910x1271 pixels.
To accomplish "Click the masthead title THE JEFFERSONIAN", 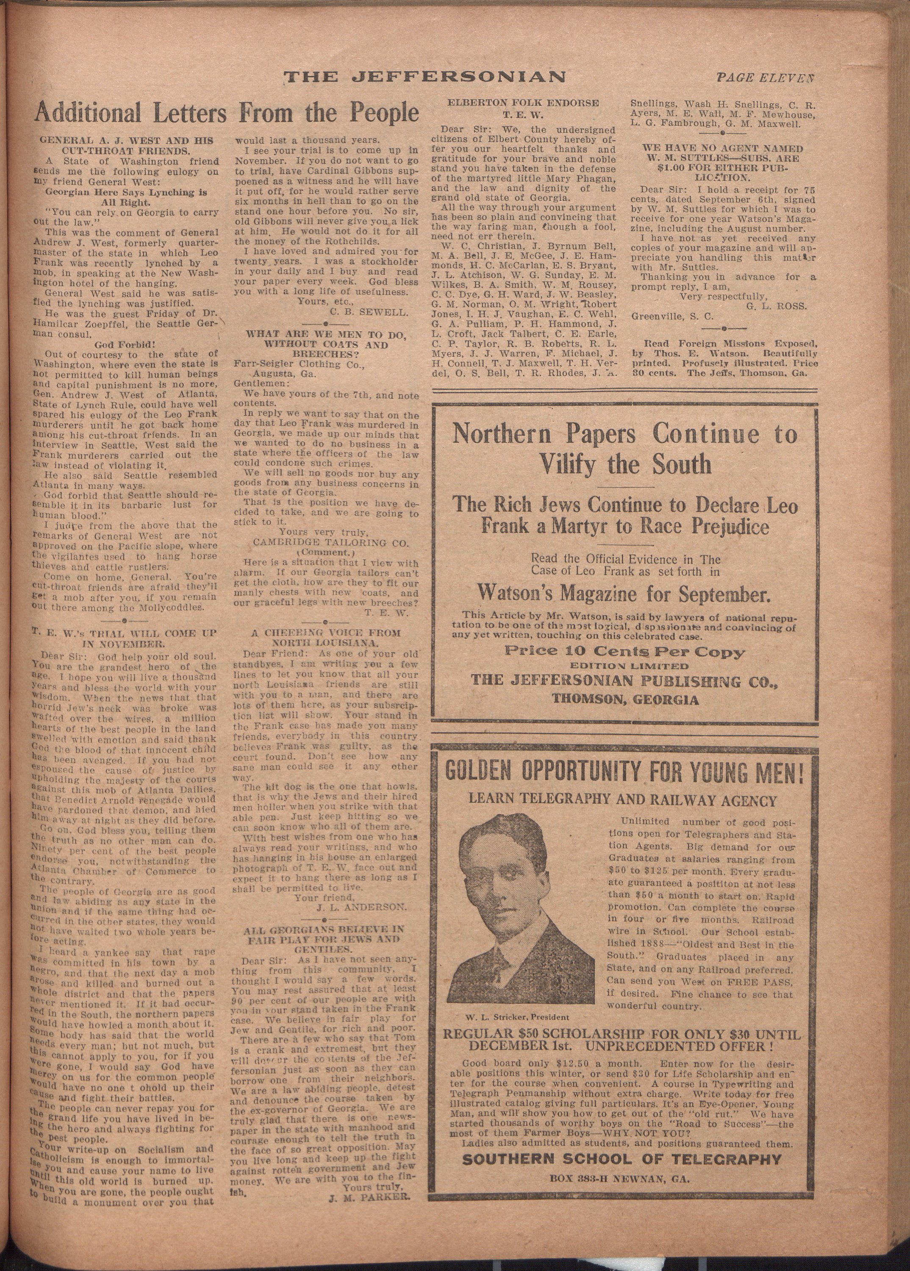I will coord(424,77).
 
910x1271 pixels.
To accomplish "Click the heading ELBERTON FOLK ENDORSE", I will coord(523,103).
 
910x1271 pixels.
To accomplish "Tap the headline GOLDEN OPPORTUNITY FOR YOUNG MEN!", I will coord(624,773).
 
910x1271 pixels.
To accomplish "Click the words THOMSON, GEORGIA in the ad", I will coord(625,699).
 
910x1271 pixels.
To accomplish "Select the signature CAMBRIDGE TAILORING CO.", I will coord(330,542).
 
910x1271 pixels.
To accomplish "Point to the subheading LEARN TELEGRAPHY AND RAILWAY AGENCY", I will coord(623,801).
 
